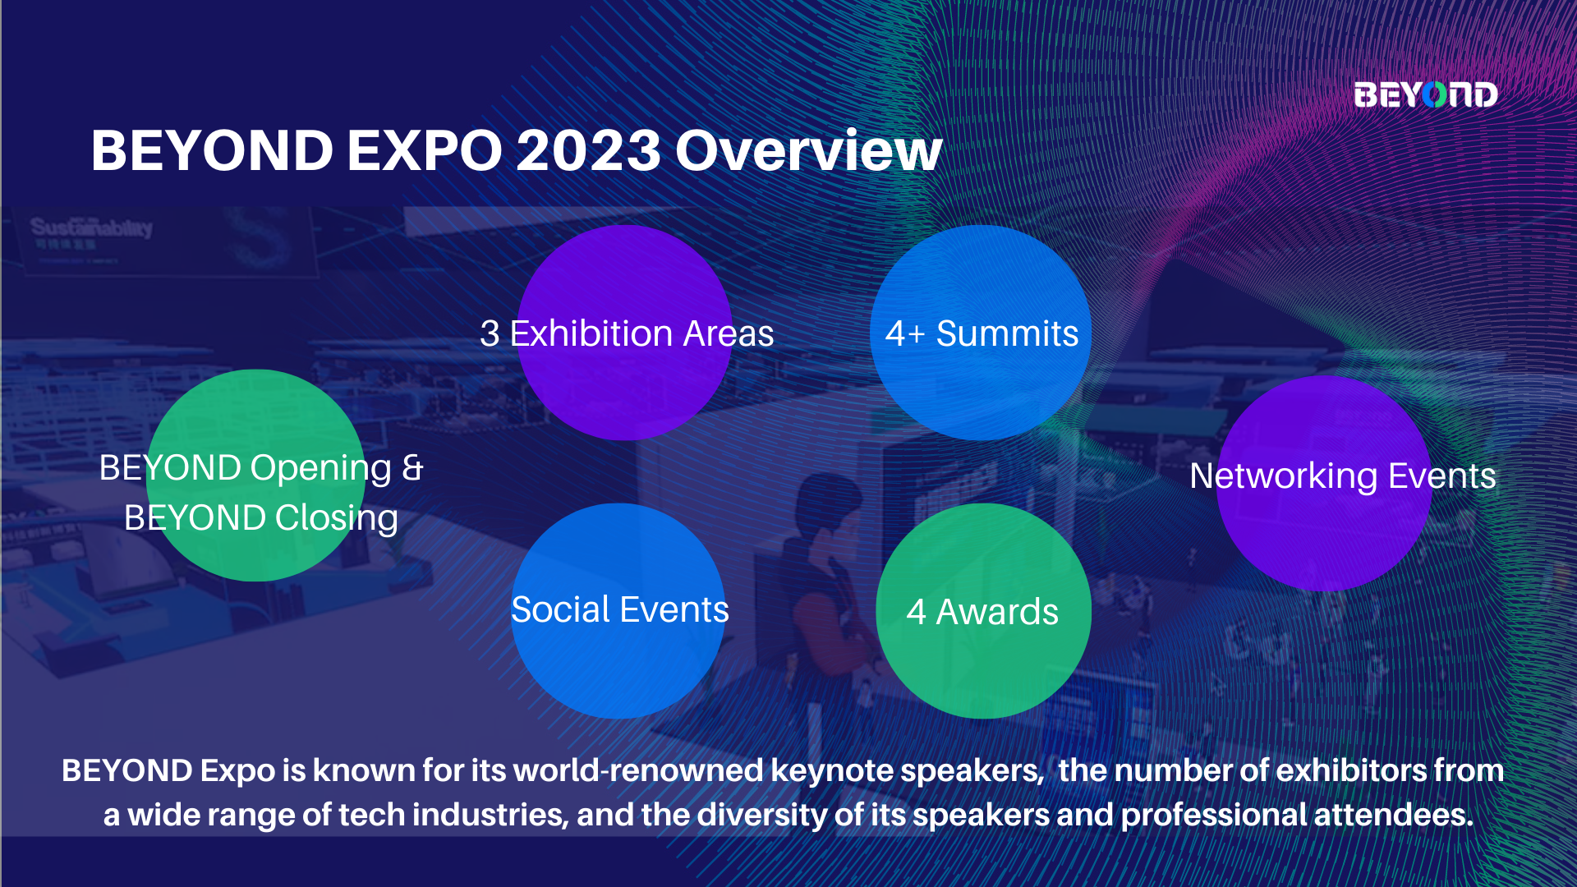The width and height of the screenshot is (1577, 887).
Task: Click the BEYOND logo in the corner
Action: (1426, 94)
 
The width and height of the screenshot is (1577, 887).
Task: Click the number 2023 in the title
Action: (588, 151)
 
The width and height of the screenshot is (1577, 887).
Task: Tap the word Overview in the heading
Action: (808, 151)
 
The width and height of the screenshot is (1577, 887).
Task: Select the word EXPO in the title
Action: (425, 151)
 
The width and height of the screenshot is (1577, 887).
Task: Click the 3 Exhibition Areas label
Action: (627, 333)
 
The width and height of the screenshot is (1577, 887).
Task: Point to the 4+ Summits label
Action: (982, 333)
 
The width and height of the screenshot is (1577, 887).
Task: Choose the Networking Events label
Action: (1343, 476)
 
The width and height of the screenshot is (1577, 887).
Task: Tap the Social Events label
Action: (620, 609)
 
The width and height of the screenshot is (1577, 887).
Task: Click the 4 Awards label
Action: (982, 612)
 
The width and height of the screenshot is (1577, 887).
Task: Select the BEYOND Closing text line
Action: (261, 518)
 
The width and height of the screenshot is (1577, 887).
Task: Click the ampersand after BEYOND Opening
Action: (412, 467)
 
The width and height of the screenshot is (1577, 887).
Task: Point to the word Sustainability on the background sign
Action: (91, 227)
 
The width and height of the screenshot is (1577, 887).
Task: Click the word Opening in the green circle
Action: (321, 468)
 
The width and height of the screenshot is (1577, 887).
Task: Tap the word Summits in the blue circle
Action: (1008, 333)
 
